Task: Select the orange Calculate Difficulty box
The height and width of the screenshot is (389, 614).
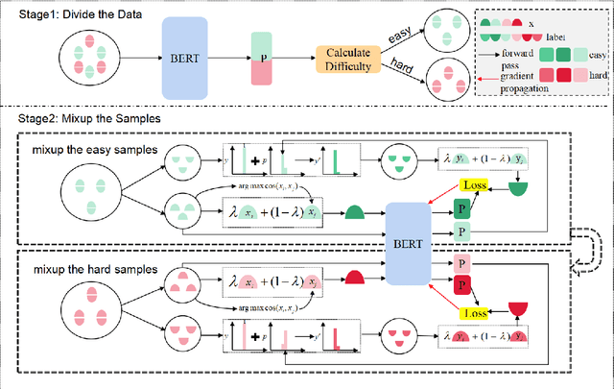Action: tap(344, 58)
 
